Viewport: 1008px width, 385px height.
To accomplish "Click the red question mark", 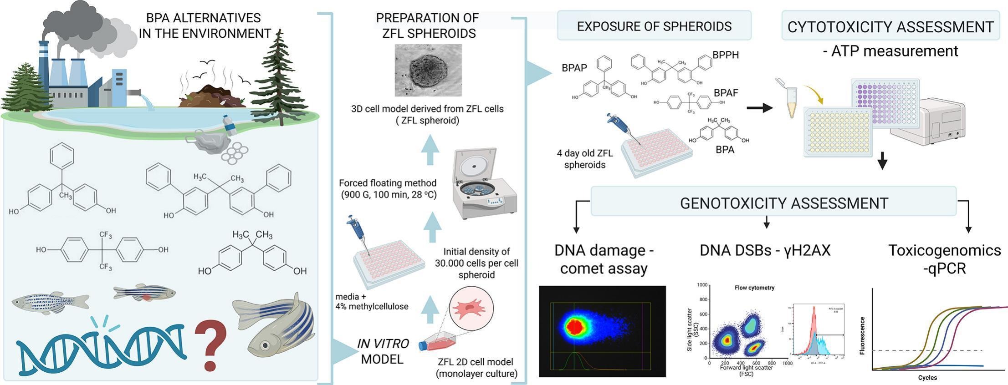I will tap(210, 344).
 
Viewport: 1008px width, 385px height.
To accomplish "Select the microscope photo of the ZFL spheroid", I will tap(428, 70).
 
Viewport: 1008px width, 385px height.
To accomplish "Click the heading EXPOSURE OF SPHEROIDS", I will tap(654, 26).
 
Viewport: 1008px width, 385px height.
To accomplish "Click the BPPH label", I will tap(726, 55).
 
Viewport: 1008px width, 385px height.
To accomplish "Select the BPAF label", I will tap(726, 93).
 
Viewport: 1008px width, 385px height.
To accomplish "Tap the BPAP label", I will tap(574, 68).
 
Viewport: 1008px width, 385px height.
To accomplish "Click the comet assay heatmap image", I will tap(602, 331).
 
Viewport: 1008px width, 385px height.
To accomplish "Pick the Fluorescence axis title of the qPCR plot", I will tap(862, 336).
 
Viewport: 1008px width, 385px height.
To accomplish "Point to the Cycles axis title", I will tap(927, 378).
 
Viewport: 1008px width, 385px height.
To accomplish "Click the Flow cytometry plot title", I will tap(754, 288).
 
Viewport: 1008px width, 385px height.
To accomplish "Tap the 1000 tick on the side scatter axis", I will tap(702, 285).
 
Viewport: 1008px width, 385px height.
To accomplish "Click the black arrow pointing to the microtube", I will tap(760, 108).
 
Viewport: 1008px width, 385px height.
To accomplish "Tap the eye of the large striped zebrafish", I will tap(265, 344).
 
